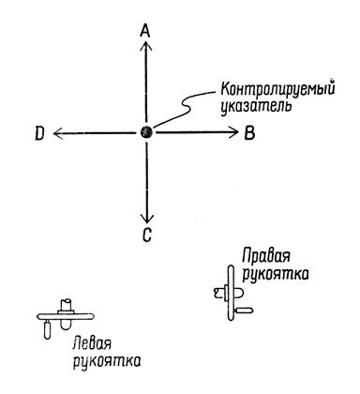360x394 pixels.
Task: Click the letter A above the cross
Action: point(145,31)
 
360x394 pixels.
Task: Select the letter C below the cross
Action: point(146,236)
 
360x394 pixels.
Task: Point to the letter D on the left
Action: point(39,133)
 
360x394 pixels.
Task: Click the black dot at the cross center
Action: point(146,132)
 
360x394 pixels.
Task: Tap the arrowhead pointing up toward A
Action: point(146,46)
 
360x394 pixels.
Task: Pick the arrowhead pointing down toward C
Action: point(146,219)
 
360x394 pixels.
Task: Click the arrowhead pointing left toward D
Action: point(58,132)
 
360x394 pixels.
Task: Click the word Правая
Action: point(267,256)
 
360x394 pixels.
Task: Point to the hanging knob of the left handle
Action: point(48,329)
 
